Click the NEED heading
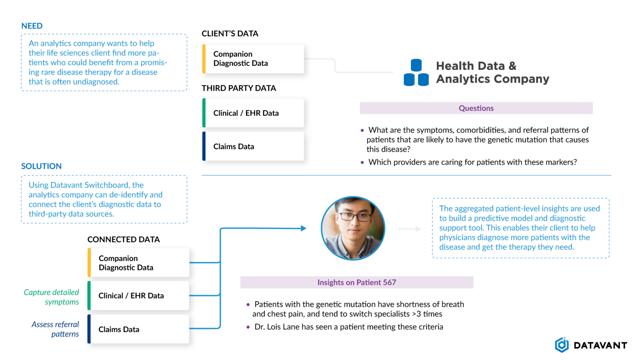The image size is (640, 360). [x=32, y=26]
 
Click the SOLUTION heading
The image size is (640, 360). [x=41, y=166]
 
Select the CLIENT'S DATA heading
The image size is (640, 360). [x=230, y=34]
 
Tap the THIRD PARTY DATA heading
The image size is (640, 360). [x=239, y=88]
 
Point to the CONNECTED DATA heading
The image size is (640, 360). [x=123, y=240]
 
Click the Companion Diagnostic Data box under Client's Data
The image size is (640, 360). [x=253, y=59]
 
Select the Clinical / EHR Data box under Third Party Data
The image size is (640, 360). [x=253, y=113]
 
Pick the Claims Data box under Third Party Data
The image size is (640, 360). [x=253, y=146]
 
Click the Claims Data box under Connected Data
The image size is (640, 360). [x=138, y=329]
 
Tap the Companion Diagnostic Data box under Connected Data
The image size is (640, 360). [x=138, y=262]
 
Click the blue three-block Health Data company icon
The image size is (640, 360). [x=416, y=72]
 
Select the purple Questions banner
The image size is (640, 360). [x=476, y=108]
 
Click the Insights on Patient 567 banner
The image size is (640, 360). [x=357, y=282]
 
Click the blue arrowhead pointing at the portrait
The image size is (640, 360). [x=304, y=228]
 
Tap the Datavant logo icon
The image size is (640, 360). [x=562, y=345]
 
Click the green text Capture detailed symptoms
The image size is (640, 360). [x=51, y=297]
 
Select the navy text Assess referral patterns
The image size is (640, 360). [x=55, y=329]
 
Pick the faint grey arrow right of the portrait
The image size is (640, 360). [x=409, y=229]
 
